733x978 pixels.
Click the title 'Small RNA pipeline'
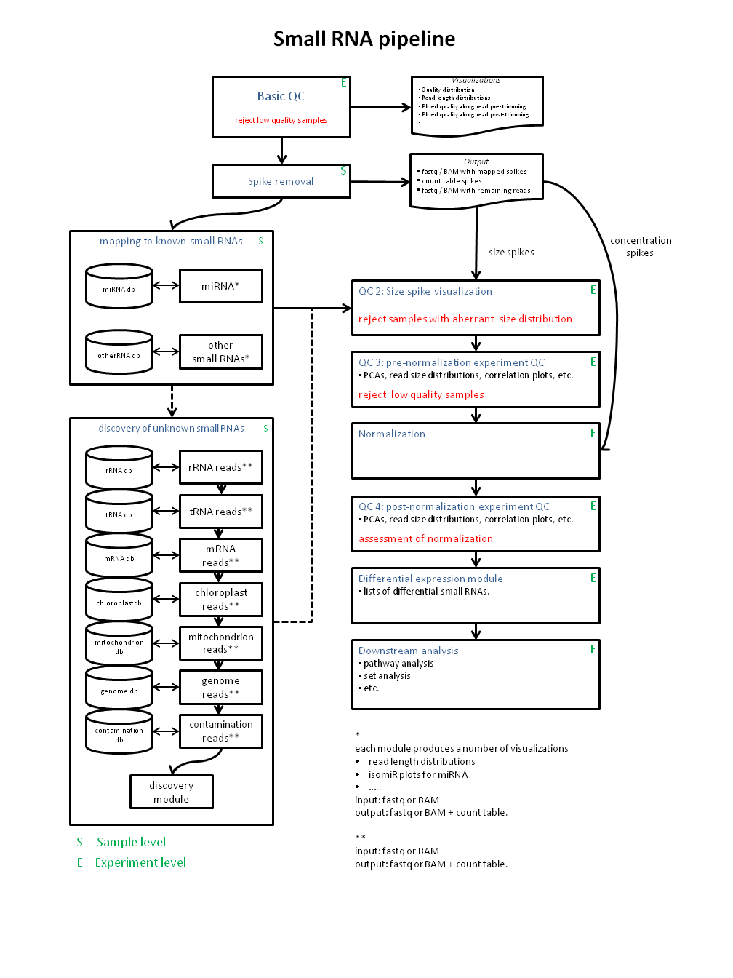[364, 39]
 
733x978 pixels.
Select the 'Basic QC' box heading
[281, 96]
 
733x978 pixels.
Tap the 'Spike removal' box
[281, 181]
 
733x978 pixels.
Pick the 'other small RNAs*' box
[220, 351]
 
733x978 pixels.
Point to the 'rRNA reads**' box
[220, 467]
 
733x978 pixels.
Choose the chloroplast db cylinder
[119, 601]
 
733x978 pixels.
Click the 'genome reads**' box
[220, 687]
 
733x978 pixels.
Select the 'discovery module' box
[172, 792]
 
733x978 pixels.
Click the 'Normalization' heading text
[392, 434]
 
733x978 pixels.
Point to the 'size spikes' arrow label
[511, 253]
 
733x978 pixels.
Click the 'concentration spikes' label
[641, 247]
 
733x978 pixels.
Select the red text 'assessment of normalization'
[425, 538]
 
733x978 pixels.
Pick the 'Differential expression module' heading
[430, 579]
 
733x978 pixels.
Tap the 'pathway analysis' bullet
[398, 663]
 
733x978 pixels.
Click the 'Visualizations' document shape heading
[476, 81]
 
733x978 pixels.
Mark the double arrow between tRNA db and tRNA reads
[166, 511]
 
